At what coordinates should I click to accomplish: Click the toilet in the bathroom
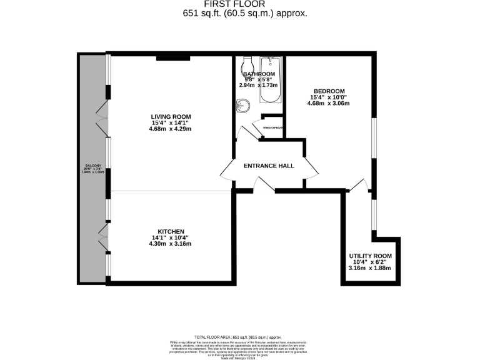pyautogui.click(x=246, y=66)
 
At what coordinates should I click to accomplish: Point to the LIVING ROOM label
pyautogui.click(x=171, y=116)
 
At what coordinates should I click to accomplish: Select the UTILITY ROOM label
pyautogui.click(x=370, y=256)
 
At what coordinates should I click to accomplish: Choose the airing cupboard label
pyautogui.click(x=274, y=127)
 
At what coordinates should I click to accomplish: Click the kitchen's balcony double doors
pyautogui.click(x=102, y=237)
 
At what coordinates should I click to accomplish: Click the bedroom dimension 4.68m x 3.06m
pyautogui.click(x=328, y=104)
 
